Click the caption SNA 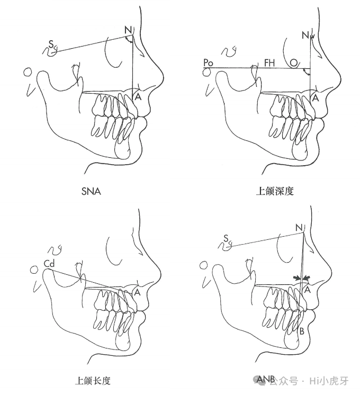tap(91, 192)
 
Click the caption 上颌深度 tap(274, 192)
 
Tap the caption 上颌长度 tap(93, 380)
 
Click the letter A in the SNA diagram tap(138, 97)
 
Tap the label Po tap(208, 62)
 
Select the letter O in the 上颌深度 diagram tap(293, 63)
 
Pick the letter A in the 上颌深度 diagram tap(316, 98)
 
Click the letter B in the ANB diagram tap(301, 331)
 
